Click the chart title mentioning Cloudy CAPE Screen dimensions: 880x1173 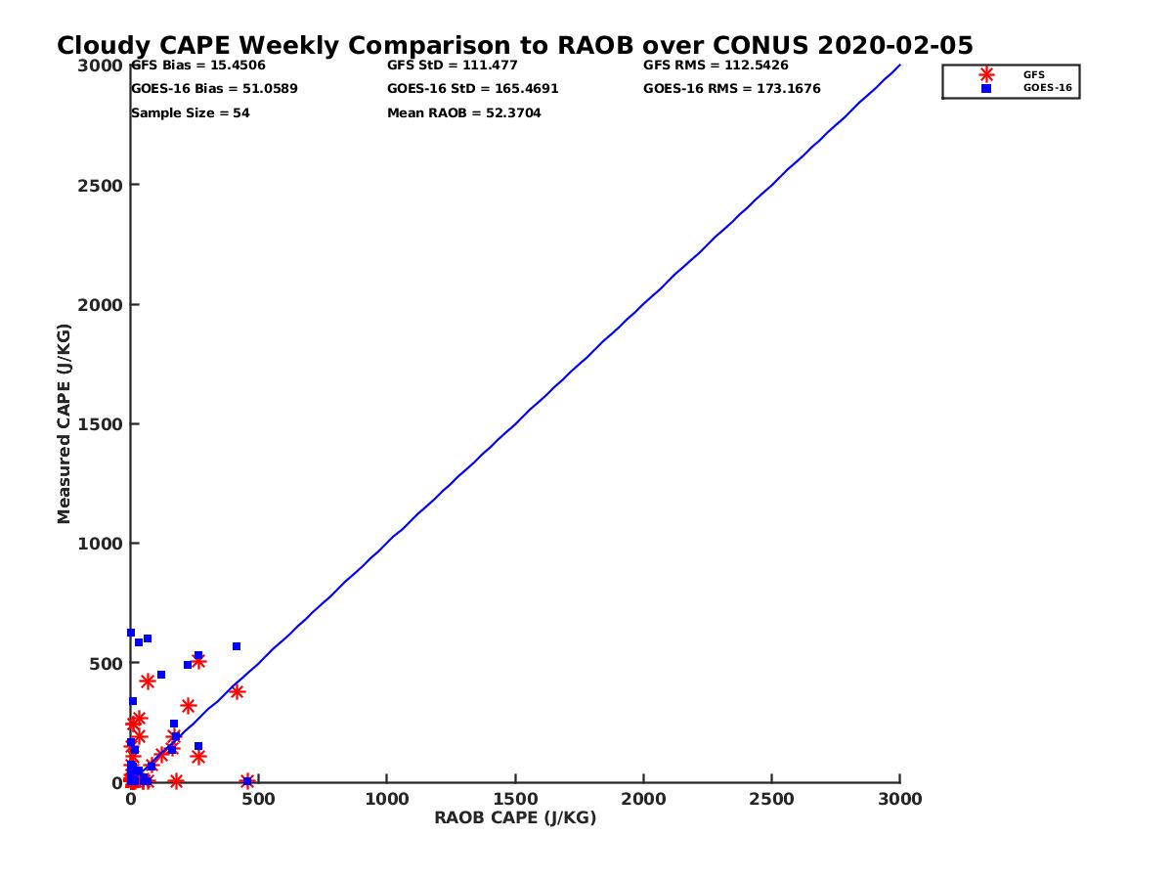click(515, 46)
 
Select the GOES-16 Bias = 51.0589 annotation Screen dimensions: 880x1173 click(214, 89)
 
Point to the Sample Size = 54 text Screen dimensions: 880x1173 click(191, 113)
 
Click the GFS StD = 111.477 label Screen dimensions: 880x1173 click(453, 66)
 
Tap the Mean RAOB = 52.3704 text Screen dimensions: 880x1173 click(464, 113)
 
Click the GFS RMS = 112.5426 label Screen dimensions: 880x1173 click(716, 66)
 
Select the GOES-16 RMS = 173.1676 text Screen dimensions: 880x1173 click(732, 89)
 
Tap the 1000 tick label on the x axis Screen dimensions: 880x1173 click(387, 799)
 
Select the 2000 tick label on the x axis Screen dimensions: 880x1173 click(643, 799)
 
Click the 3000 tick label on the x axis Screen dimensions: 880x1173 click(900, 799)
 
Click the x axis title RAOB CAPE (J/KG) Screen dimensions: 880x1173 click(515, 818)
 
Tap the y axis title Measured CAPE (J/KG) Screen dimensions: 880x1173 click(65, 423)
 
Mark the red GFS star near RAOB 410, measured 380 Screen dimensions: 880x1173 click(237, 691)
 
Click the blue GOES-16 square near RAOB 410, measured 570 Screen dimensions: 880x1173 click(237, 646)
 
